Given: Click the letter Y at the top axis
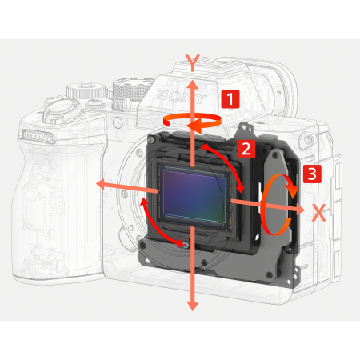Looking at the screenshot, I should tap(191, 62).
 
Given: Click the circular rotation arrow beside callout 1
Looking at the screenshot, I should tap(191, 119).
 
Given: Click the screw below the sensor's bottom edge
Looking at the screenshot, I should tap(186, 242).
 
